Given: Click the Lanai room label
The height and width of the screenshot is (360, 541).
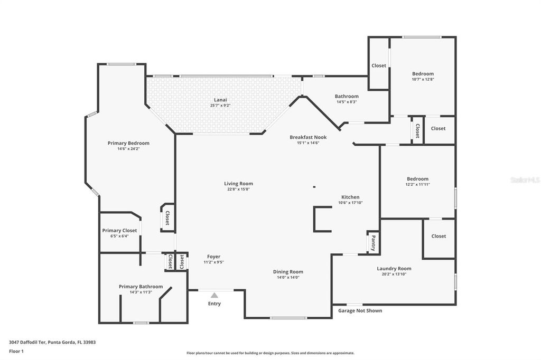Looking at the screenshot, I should [x=220, y=99].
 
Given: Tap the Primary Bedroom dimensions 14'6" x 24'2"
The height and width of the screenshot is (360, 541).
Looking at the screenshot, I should [x=128, y=149].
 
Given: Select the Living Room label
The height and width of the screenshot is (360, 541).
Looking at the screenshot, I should [x=238, y=184].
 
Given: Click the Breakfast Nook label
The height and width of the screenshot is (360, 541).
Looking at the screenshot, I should [x=308, y=137].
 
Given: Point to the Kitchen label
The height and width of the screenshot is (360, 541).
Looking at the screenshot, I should [x=350, y=197].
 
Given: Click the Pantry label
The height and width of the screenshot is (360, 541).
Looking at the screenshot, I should [x=374, y=243].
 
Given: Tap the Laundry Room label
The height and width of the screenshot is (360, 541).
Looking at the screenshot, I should [x=394, y=269].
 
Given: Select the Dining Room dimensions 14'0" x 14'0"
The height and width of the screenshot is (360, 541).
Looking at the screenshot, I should [x=288, y=277].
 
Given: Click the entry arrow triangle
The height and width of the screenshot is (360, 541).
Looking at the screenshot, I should [x=214, y=295].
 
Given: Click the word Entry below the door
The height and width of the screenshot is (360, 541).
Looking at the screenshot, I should [x=214, y=304].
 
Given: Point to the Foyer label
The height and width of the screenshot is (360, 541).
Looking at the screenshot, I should [x=213, y=257].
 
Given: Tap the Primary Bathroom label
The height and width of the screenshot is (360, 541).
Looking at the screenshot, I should [x=141, y=287].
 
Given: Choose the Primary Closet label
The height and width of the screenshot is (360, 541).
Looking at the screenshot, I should [x=119, y=231].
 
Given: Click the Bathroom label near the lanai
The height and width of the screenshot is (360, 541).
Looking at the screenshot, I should [x=347, y=96].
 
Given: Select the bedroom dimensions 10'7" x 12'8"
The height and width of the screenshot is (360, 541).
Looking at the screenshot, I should [x=423, y=80].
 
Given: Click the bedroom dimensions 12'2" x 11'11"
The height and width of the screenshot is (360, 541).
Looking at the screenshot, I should [x=417, y=185].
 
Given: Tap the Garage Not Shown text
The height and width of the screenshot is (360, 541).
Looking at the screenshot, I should [x=360, y=311].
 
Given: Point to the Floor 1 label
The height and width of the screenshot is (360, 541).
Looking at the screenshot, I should [x=16, y=351].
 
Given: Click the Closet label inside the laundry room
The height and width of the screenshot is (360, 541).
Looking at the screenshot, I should [x=439, y=236].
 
